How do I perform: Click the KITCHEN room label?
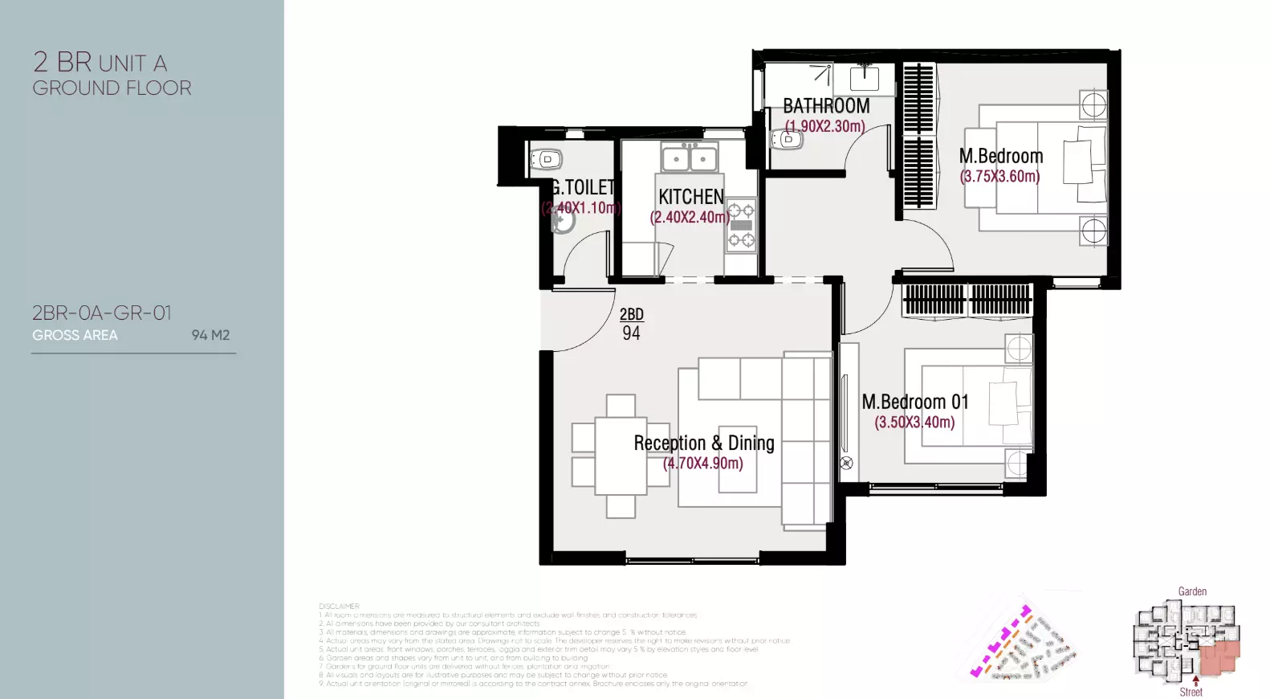[x=690, y=197]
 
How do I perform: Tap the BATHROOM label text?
[x=825, y=106]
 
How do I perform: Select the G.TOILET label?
[x=583, y=187]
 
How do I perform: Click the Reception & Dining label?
[x=703, y=443]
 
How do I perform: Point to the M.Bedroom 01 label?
[x=914, y=402]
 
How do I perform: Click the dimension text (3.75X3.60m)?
[x=999, y=176]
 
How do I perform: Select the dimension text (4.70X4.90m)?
[x=702, y=464]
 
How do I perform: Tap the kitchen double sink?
[x=689, y=158]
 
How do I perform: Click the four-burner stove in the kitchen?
[x=741, y=225]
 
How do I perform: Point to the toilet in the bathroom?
[x=788, y=140]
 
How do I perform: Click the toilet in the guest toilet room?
[x=546, y=159]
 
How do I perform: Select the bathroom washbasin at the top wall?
[x=865, y=78]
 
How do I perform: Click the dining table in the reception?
[x=621, y=456]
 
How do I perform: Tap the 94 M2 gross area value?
[x=210, y=335]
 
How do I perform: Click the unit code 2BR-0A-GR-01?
[x=102, y=313]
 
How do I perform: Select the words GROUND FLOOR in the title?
[x=112, y=88]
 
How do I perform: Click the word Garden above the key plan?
[x=1192, y=591]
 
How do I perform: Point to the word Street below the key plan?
[x=1191, y=692]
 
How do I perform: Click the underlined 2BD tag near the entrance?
[x=631, y=314]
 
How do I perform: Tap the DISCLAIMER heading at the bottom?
[x=339, y=607]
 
